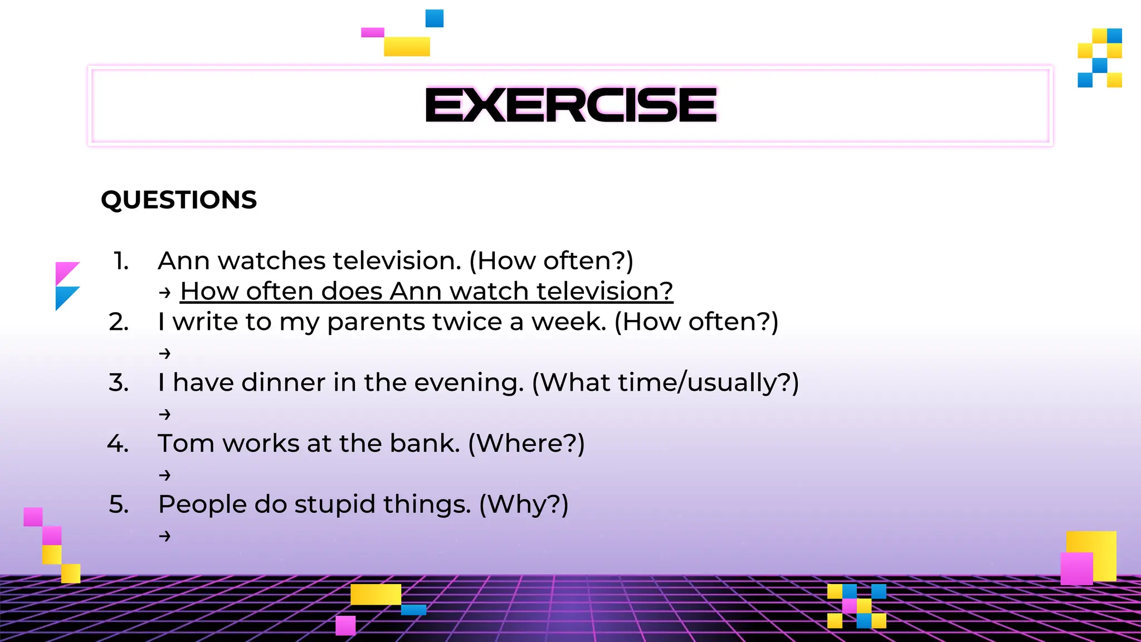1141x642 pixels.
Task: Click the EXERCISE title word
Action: pos(570,105)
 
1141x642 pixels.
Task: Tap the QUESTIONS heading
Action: pos(179,200)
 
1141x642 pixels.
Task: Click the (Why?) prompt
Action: pos(524,505)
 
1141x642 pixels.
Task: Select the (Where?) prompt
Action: pos(526,444)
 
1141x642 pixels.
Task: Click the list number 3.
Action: pos(119,383)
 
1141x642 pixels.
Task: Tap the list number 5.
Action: pos(119,505)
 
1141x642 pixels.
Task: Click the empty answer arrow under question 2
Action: pos(164,353)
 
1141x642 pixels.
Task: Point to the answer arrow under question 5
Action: pos(164,536)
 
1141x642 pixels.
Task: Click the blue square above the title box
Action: pos(435,18)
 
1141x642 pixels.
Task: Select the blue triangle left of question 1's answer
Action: pos(65,295)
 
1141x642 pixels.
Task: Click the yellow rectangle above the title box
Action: pos(407,46)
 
